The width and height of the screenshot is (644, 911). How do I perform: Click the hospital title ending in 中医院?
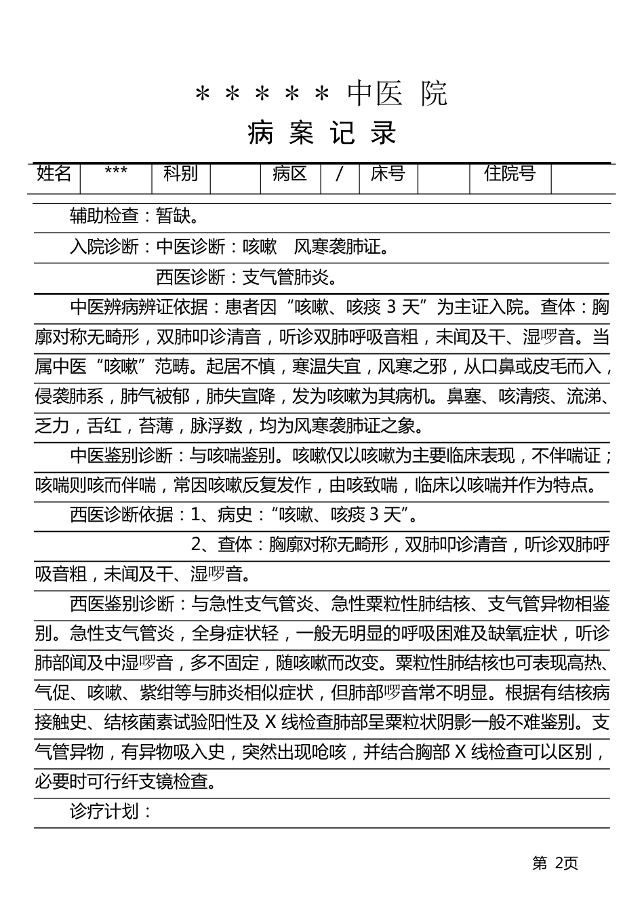(321, 93)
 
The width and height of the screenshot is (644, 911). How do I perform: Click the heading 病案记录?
(322, 133)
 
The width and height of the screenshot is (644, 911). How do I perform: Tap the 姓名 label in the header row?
(54, 174)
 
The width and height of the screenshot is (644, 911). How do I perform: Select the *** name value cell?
(116, 174)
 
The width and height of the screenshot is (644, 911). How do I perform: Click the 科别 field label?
(180, 174)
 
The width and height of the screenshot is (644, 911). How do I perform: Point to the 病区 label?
(290, 174)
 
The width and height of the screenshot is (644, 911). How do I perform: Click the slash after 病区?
(339, 174)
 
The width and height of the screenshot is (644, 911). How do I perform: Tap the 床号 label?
(388, 174)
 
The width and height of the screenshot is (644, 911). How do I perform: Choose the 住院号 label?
(510, 174)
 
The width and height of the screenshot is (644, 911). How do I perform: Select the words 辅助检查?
(104, 216)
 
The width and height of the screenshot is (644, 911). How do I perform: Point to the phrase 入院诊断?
(104, 247)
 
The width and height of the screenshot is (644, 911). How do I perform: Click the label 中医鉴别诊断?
(122, 456)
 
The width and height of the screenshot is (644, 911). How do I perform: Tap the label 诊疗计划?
(104, 811)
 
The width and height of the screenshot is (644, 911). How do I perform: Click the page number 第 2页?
(555, 863)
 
